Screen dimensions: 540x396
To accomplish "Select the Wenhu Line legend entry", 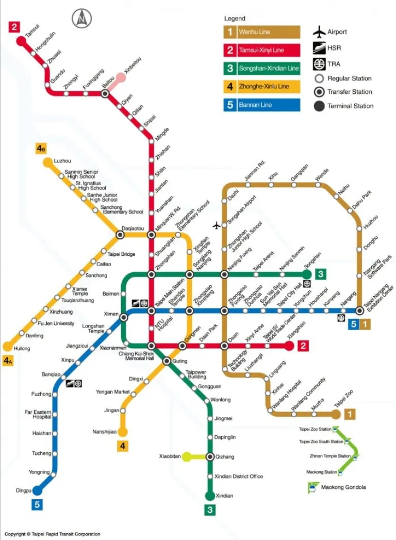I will point(261,32).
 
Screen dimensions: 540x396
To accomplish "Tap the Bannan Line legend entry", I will point(261,105).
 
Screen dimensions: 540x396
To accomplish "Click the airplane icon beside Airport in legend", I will point(319,32).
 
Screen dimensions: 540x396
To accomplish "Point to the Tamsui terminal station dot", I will point(21,40).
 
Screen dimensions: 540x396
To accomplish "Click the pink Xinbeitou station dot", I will point(121,78).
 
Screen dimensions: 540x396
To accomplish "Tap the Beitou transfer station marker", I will point(105,93).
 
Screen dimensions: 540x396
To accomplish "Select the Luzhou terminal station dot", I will point(47,162).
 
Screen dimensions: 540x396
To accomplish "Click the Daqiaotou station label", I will point(133,228).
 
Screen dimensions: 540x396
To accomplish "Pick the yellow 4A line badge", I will point(8,361).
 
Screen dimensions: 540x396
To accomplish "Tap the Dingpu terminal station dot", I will point(37,490).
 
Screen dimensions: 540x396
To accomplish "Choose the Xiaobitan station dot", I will point(187,456).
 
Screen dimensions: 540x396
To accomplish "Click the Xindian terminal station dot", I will point(210,496).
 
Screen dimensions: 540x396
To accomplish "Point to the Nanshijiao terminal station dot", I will point(122,432).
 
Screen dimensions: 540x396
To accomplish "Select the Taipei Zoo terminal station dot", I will point(336,414).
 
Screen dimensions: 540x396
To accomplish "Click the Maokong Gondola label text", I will point(343,487).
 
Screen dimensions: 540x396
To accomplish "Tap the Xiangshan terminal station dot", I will point(289,346).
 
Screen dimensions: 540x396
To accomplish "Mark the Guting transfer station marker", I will point(167,361).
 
